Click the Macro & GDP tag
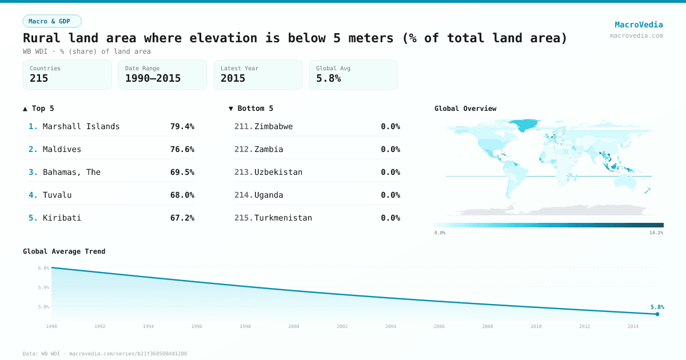[52, 21]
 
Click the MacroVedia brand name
[639, 25]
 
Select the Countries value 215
[39, 78]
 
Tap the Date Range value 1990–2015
[153, 78]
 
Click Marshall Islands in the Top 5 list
[81, 126]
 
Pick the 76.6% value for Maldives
[182, 149]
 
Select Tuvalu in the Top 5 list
[57, 195]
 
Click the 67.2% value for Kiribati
[182, 218]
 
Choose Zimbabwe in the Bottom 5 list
[273, 126]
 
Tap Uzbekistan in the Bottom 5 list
[278, 172]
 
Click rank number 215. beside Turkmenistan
[243, 218]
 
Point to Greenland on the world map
[524, 125]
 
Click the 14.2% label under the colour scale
[656, 233]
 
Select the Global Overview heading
[465, 109]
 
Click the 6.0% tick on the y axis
[43, 268]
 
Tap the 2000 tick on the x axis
[294, 326]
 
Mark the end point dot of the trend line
[657, 314]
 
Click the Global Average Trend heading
[64, 251]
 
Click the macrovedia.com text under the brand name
[636, 35]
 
